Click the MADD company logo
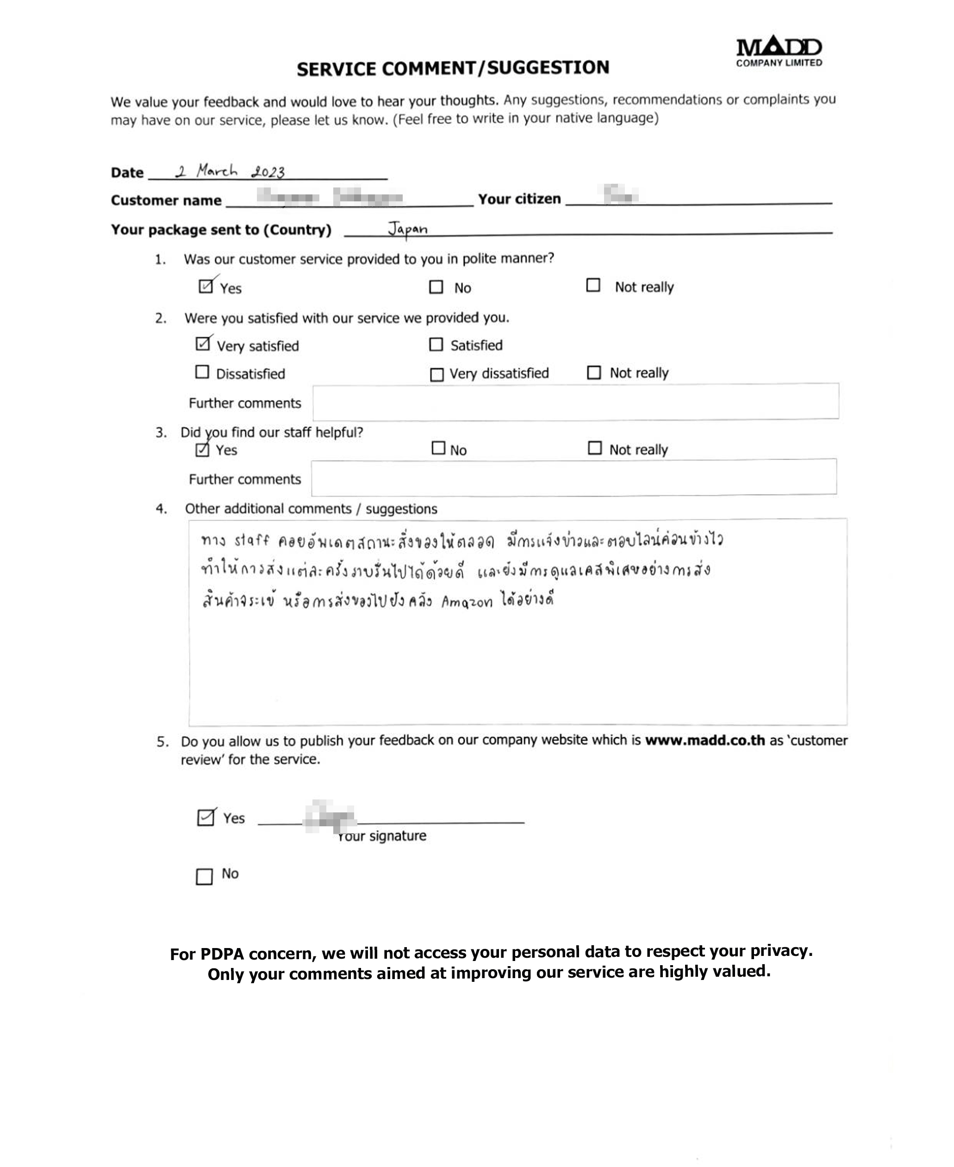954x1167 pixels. [x=779, y=51]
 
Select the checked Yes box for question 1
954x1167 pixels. [x=206, y=286]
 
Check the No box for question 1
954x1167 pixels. [x=436, y=287]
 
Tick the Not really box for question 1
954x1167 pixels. [x=593, y=285]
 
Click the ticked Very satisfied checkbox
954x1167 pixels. [x=203, y=344]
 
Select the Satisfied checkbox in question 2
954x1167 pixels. [x=436, y=344]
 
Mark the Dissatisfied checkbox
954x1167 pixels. [x=202, y=372]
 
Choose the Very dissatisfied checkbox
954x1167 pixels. [x=436, y=374]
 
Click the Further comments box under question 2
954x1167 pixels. [x=575, y=401]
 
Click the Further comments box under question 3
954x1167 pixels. [x=574, y=477]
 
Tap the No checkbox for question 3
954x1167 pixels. [x=438, y=448]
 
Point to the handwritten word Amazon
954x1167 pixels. [x=467, y=602]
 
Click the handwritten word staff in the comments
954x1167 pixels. [x=252, y=541]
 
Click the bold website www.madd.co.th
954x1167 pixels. [x=705, y=740]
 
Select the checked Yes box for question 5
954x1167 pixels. [x=206, y=818]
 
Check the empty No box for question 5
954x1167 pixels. [x=204, y=876]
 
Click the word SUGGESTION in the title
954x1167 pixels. [x=548, y=68]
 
